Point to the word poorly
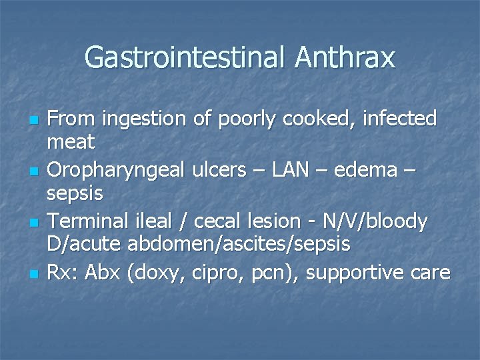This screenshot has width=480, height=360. pos(247,119)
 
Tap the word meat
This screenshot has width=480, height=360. pos(71,141)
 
